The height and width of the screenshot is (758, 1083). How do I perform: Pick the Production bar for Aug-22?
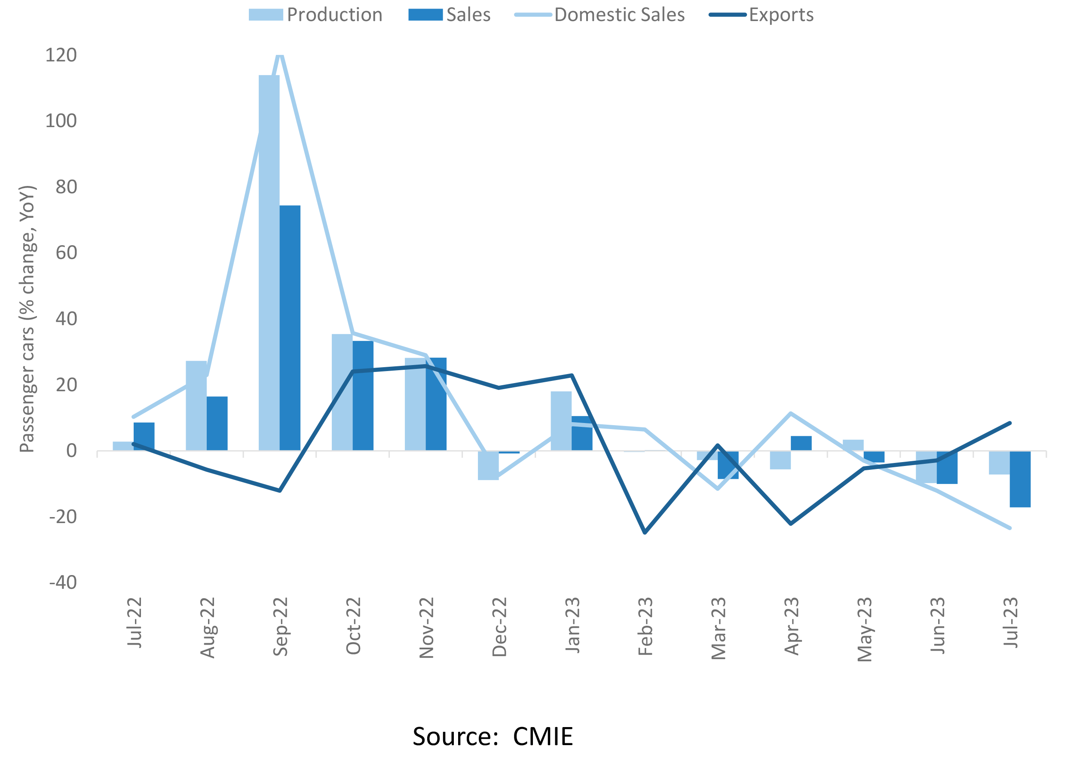coord(196,405)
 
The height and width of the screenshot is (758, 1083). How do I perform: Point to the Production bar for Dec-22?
coord(488,465)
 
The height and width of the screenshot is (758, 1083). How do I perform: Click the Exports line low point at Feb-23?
coord(645,533)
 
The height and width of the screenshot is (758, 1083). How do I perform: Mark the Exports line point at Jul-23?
coord(1010,423)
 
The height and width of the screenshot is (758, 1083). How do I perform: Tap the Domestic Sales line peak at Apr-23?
coord(791,413)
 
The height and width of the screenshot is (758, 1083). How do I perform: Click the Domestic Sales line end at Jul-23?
coord(1010,528)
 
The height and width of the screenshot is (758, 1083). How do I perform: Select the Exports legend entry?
coord(762,15)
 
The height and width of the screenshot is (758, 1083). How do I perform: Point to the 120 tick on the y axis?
coord(61,55)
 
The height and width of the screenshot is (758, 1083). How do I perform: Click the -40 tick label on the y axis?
coord(63,582)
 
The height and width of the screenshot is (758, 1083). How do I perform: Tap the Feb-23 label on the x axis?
coord(645,627)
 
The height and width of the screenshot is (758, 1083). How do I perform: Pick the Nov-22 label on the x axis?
coord(426,627)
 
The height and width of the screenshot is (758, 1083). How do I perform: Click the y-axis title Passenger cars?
coord(27,319)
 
